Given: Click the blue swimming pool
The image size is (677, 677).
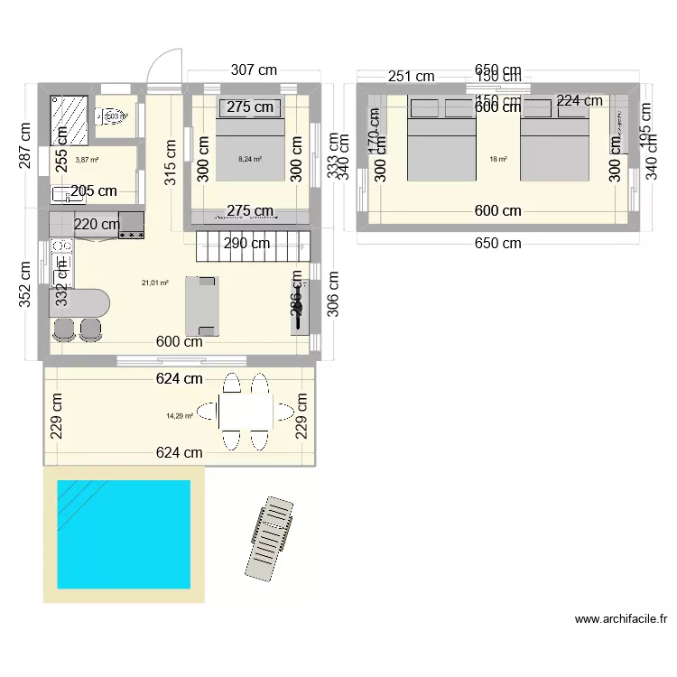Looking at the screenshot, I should point(124,533).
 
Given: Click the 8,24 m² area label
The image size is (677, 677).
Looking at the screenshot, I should point(249,159).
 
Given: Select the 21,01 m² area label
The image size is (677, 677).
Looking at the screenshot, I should point(155,283).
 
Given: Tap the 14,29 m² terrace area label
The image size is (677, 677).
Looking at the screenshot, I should point(181,416).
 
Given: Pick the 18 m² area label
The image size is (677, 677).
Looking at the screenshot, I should point(497,160).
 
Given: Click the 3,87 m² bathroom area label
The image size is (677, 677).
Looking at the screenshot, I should point(87,160).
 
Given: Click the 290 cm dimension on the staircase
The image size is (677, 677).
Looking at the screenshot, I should point(248,243).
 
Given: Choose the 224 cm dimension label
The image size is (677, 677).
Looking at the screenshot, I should point(580,101).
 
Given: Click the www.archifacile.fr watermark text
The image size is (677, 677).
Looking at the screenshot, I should point(620,620).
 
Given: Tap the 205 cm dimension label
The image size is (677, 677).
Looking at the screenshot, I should point(94,190).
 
